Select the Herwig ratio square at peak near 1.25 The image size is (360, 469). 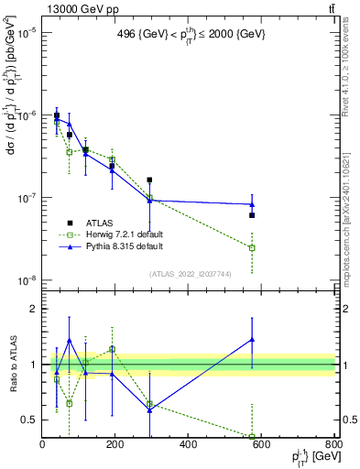pos(113,349)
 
